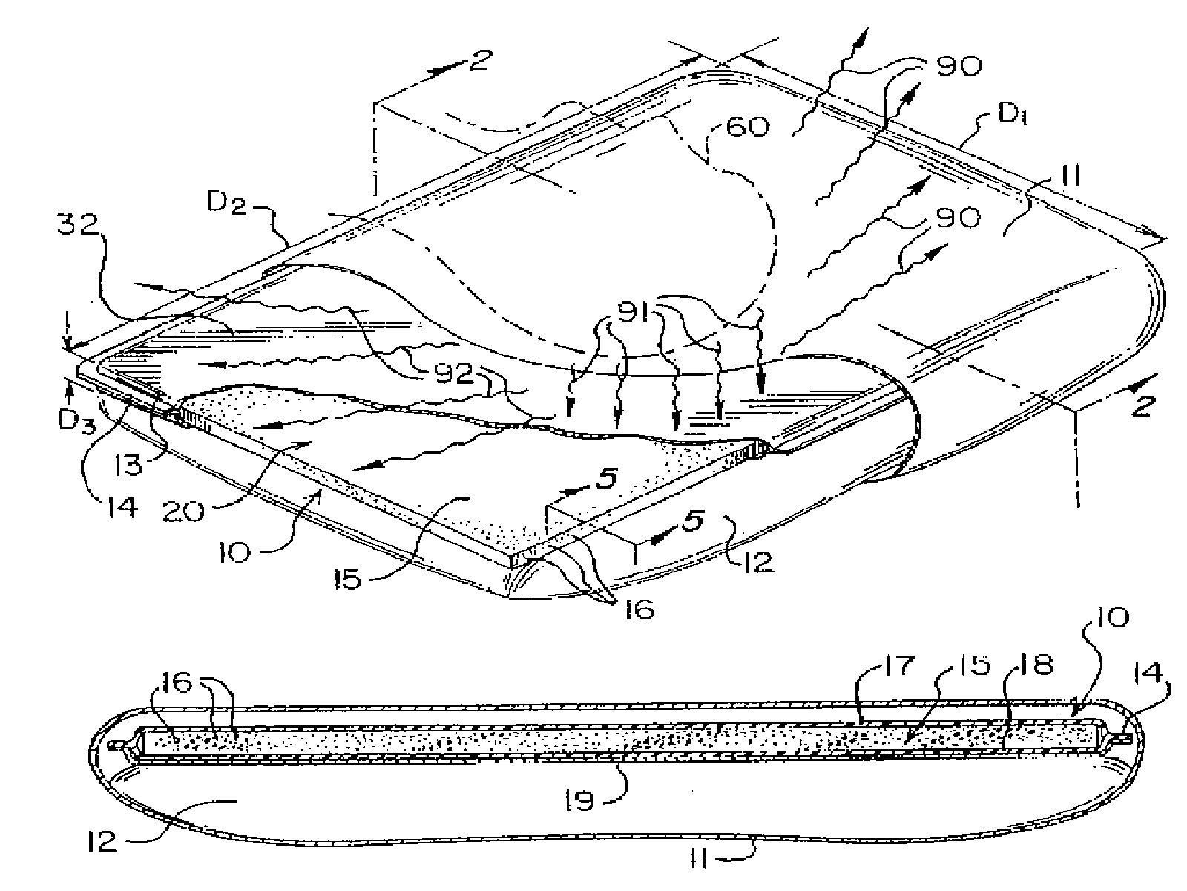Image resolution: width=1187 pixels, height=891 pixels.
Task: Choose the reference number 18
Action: click(1034, 666)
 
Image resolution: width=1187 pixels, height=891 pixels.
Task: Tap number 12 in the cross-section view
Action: click(100, 841)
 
